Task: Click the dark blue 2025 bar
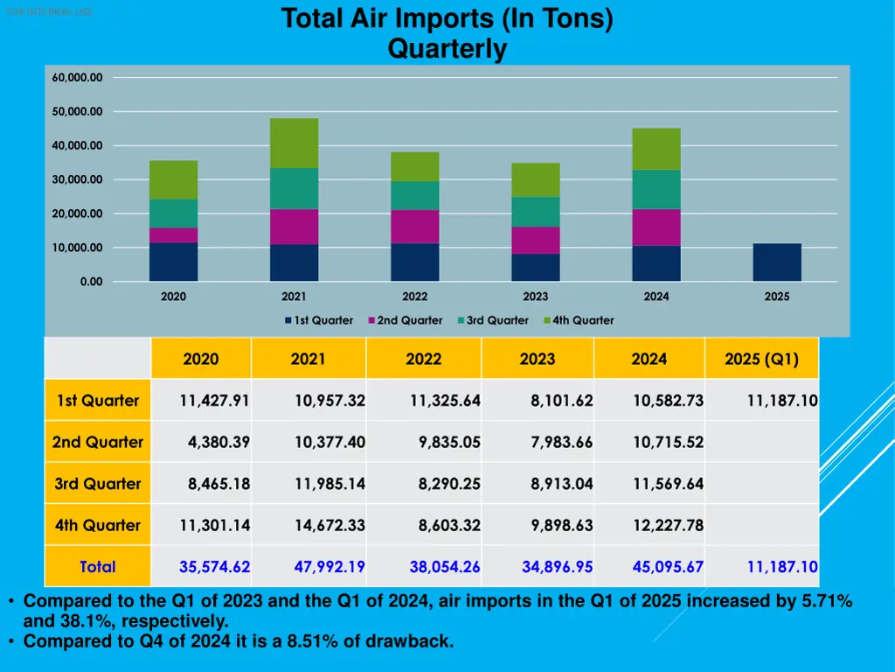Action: (777, 262)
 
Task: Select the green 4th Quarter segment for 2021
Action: (294, 143)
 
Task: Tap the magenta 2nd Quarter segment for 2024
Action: (656, 227)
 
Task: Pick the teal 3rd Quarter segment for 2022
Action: (415, 195)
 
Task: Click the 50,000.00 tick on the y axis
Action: (78, 112)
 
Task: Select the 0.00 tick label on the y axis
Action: (91, 282)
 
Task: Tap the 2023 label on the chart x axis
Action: (536, 297)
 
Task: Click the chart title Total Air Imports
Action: (447, 19)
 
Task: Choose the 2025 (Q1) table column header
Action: (761, 359)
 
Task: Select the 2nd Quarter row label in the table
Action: (97, 442)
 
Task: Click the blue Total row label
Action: (97, 567)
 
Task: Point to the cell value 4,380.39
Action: (219, 442)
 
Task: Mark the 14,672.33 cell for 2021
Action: (330, 525)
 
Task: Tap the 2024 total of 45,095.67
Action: (668, 567)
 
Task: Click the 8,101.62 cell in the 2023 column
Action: (561, 401)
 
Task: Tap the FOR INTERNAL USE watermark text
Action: (47, 11)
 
